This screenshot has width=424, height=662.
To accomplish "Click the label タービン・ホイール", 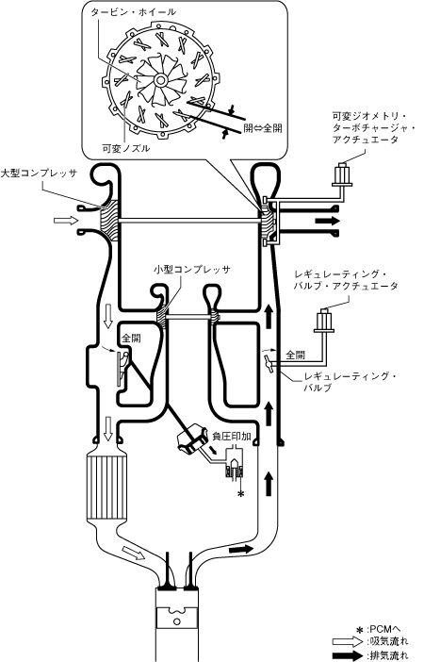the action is point(133,12).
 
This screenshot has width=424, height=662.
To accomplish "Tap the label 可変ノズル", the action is point(126,149).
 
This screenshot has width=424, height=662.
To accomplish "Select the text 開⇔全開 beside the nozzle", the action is point(263,127).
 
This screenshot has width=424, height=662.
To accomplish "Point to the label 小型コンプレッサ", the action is point(192,269).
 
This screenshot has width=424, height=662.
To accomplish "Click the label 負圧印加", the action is point(232,437).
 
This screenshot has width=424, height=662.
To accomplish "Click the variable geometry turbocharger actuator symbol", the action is point(342,174).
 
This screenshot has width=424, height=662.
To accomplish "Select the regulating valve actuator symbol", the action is point(323,321).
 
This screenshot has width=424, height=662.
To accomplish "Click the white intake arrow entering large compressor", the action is point(66,221).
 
